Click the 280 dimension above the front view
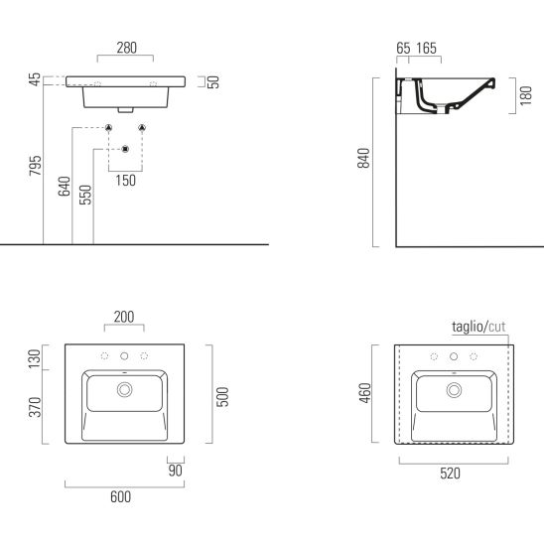(126, 48)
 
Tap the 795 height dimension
(35, 166)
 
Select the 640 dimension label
(65, 187)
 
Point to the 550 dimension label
(85, 195)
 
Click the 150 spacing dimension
(126, 181)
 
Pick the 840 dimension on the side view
(363, 158)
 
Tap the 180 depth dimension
(526, 95)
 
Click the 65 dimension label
(403, 49)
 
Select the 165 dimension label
(427, 49)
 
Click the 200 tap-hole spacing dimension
(124, 317)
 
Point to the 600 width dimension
(120, 496)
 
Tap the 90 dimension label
(175, 471)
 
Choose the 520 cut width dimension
(450, 474)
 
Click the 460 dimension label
(365, 393)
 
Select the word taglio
(468, 327)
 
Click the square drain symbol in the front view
(126, 149)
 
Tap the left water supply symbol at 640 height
(108, 128)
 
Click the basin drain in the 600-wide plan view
(124, 389)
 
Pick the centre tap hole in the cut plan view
(454, 356)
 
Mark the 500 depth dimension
(222, 396)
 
